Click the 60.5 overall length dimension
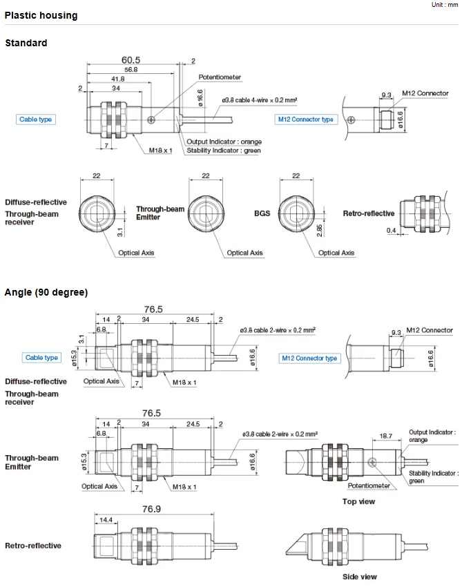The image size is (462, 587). click(x=131, y=60)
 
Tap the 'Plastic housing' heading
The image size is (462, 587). click(x=41, y=15)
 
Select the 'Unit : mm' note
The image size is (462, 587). click(x=443, y=5)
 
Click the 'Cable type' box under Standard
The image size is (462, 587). click(x=36, y=119)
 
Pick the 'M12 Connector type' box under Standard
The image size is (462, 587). click(x=306, y=119)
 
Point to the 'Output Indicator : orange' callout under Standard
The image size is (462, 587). click(x=224, y=142)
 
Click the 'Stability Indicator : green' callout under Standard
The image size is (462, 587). click(x=224, y=151)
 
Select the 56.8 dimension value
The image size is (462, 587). click(x=130, y=70)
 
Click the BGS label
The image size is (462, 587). click(x=262, y=214)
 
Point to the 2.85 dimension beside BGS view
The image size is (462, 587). click(x=319, y=229)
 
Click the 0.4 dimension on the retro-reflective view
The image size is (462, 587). click(x=392, y=230)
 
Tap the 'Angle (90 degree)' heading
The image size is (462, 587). click(x=46, y=292)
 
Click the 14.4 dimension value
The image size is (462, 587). click(x=106, y=519)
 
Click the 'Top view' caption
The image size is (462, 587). click(x=358, y=501)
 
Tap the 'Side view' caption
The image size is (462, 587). click(x=360, y=577)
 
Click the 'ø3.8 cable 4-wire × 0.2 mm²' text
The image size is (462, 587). click(x=260, y=100)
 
